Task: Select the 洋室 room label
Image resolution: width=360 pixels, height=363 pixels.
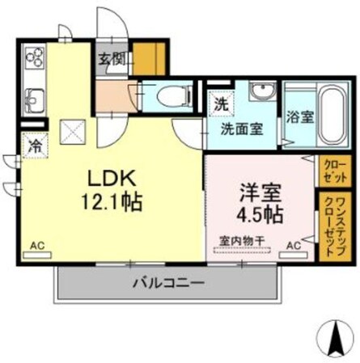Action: point(258,193)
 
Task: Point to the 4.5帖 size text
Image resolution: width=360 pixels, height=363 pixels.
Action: point(259,215)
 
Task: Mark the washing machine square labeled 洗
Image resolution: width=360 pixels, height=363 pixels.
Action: point(220,103)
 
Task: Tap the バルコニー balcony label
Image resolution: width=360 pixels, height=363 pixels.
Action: point(168,283)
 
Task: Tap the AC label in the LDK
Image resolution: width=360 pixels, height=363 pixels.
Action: point(36,245)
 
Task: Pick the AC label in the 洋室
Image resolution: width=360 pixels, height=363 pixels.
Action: point(293,244)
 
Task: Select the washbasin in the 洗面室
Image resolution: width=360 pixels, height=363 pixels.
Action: point(263,92)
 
